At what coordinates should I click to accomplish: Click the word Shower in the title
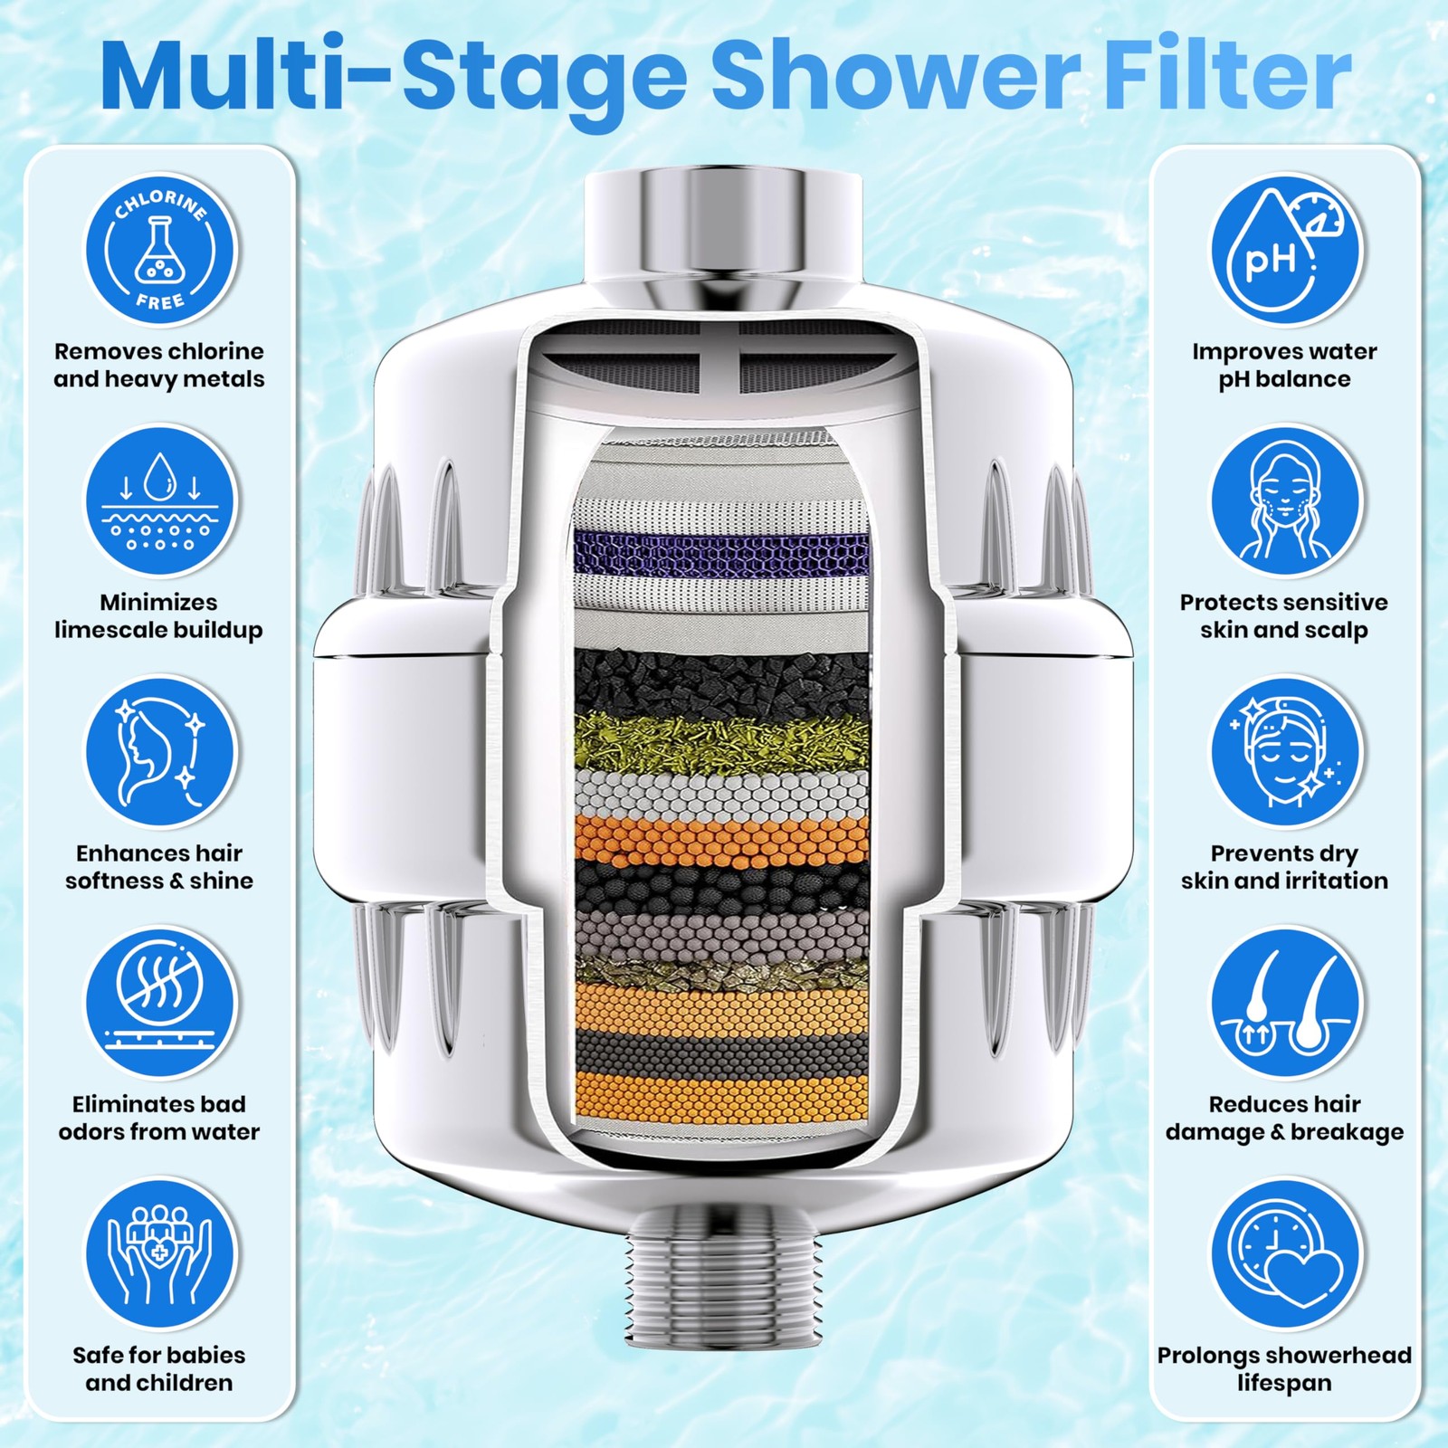[x=896, y=76]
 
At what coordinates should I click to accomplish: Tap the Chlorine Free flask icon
[x=160, y=250]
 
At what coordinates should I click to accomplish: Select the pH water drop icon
[x=1286, y=250]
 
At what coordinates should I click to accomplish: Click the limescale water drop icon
[x=160, y=500]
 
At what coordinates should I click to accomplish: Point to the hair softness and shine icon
[x=160, y=752]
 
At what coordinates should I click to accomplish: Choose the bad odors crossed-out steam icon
[x=160, y=1003]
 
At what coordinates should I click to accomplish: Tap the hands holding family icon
[x=160, y=1253]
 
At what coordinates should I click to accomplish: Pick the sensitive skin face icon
[x=1286, y=500]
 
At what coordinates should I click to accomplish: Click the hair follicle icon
[x=1286, y=1003]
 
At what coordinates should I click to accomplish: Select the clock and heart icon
[x=1286, y=1253]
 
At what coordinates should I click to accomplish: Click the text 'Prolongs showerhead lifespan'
[x=1285, y=1368]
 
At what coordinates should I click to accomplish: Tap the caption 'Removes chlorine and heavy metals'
[x=159, y=365]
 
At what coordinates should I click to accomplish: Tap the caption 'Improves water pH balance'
[x=1284, y=365]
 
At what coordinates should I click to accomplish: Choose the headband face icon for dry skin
[x=1286, y=752]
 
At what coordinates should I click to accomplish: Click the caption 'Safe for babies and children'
[x=159, y=1368]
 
